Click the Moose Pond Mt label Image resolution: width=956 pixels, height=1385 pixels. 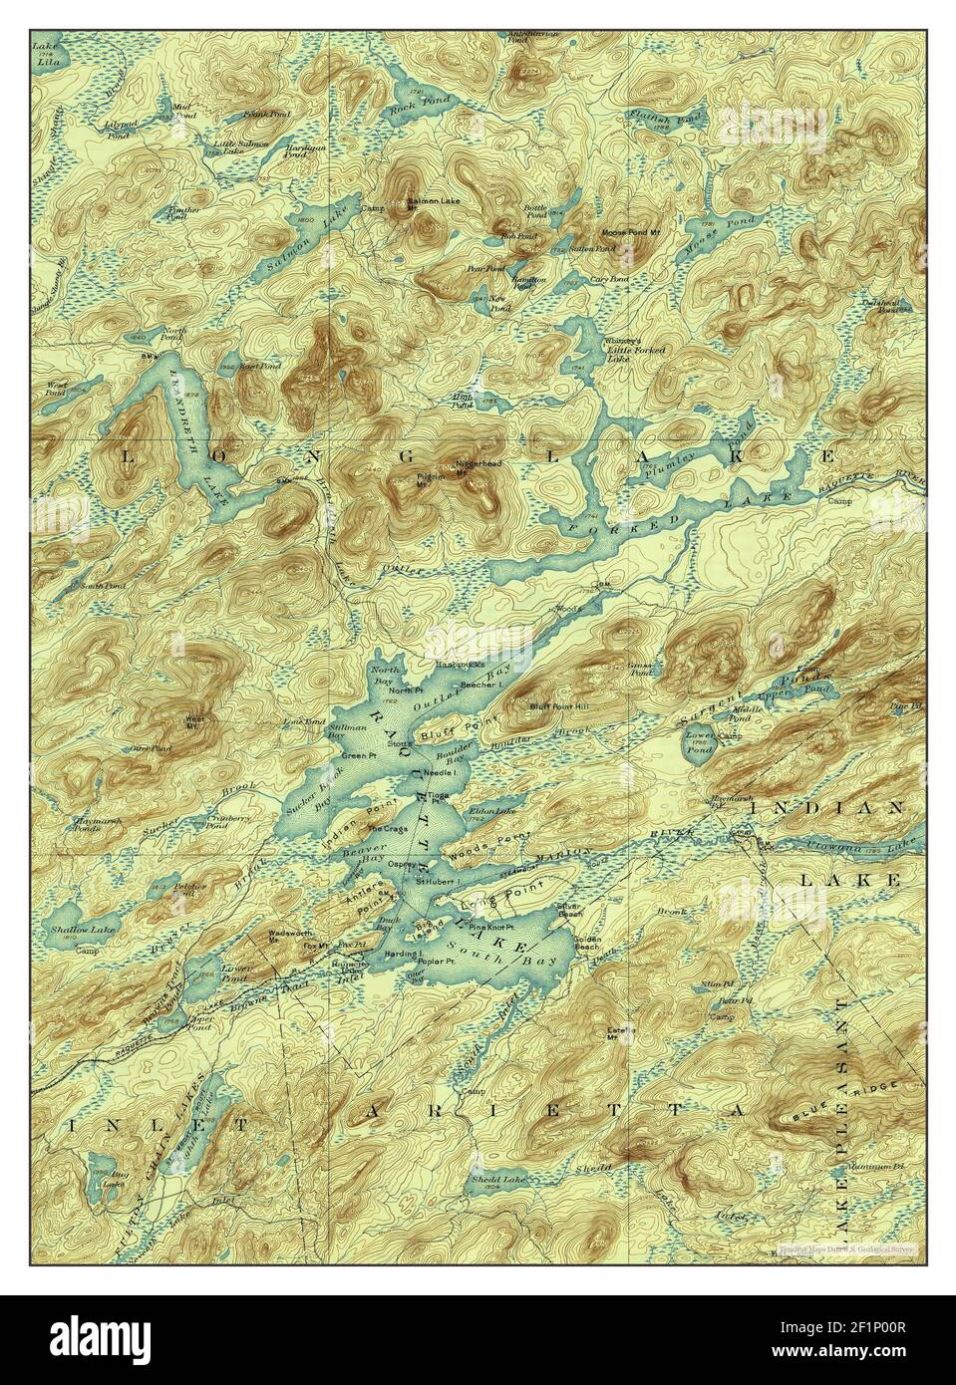pyautogui.click(x=625, y=232)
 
